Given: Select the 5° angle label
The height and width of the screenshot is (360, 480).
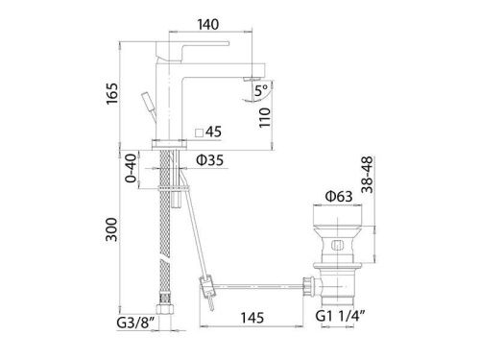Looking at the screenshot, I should coord(258,93).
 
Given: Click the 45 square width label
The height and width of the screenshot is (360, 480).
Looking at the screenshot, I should coord(213,132).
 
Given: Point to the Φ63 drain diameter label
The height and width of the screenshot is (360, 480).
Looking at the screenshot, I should coord(339,197).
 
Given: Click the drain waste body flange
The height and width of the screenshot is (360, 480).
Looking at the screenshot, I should coord(339,212).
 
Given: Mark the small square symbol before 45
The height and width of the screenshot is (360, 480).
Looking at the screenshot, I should coord(199,132).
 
